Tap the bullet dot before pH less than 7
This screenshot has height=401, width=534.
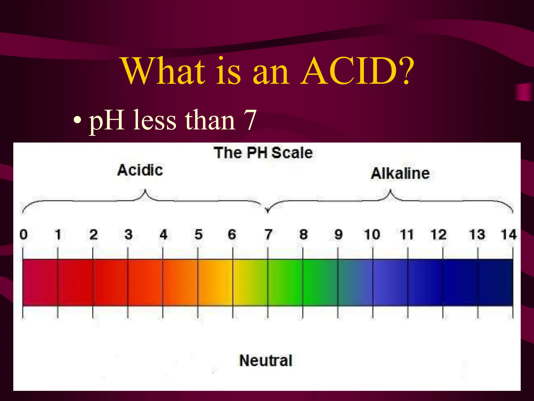77,121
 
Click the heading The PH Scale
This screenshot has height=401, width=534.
263,153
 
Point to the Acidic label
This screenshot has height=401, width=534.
140,170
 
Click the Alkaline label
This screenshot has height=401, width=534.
400,174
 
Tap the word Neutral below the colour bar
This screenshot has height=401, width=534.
266,361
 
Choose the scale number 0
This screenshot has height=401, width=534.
23,234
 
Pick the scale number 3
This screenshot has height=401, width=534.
128,234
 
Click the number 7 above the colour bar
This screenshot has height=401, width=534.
268,234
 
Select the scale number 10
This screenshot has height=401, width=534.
372,234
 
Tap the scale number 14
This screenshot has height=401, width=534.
508,234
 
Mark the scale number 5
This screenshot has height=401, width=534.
198,234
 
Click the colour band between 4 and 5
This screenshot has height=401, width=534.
180,282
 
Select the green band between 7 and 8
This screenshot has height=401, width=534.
285,282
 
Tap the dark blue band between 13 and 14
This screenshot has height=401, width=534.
495,282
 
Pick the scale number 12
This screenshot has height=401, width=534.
439,234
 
